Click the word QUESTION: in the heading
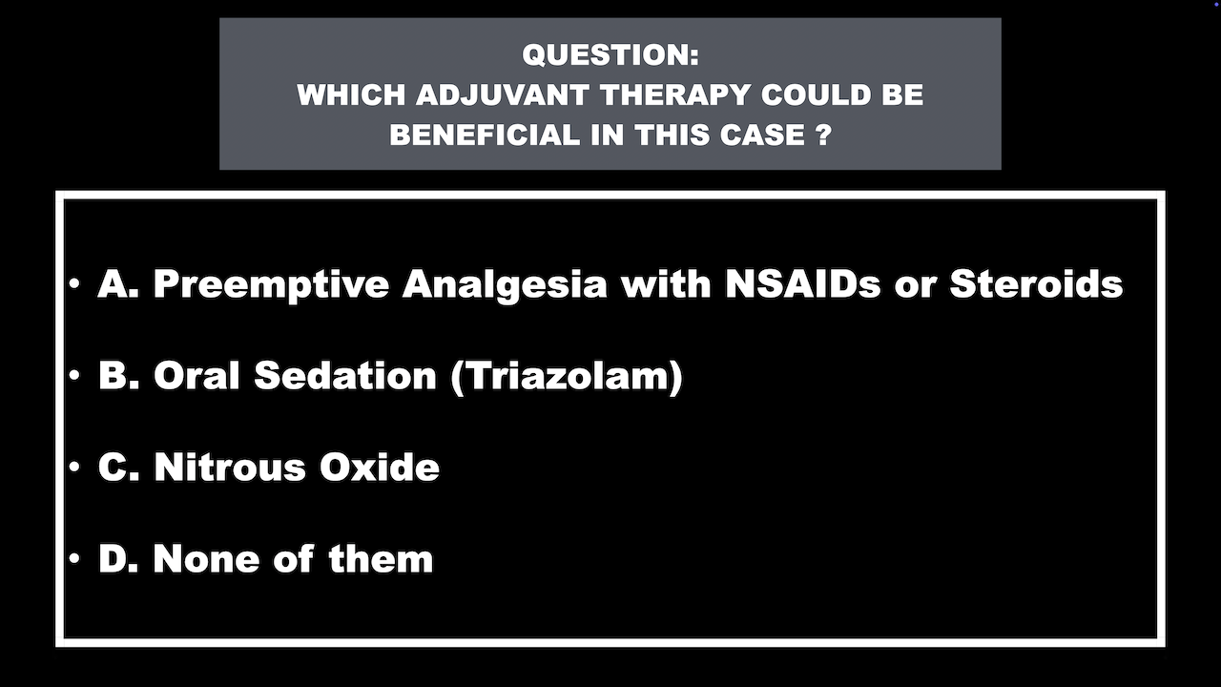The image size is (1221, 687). [610, 55]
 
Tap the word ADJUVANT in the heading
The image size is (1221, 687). [502, 95]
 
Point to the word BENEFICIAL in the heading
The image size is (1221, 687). [485, 135]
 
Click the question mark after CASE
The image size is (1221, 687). [825, 135]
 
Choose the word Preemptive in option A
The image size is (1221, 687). [271, 285]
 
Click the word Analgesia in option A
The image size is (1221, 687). [505, 285]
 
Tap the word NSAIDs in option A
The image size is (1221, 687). [803, 284]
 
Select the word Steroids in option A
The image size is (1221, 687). [1036, 284]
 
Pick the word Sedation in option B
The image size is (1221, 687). [345, 376]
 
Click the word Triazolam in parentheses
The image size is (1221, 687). [568, 376]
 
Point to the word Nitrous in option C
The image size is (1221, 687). [230, 468]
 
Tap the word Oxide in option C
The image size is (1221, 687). [380, 468]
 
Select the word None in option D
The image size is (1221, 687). [207, 559]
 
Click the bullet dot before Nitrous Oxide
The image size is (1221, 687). [74, 467]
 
